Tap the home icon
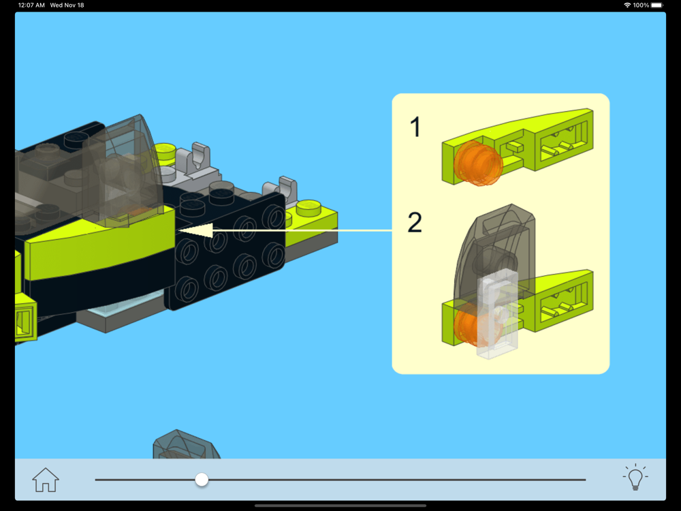click(46, 480)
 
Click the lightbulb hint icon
click(635, 477)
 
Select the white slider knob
click(202, 480)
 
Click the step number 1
click(415, 127)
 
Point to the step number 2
click(415, 223)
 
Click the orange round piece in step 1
click(478, 163)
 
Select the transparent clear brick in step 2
click(497, 313)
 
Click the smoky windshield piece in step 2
click(494, 252)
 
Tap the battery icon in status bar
click(657, 5)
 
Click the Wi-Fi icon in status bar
click(627, 5)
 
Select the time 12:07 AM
click(31, 5)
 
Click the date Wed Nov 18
click(67, 5)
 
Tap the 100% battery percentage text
click(641, 5)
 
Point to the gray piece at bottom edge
click(186, 445)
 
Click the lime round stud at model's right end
click(308, 207)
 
